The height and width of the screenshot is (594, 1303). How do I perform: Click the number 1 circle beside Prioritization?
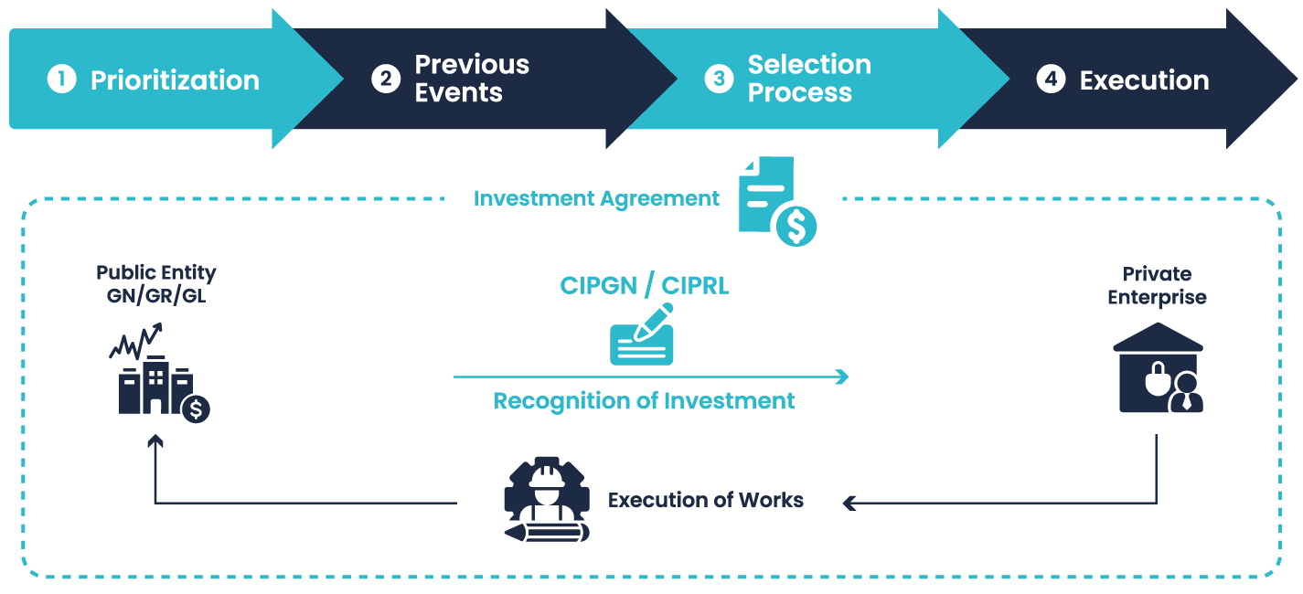click(x=61, y=80)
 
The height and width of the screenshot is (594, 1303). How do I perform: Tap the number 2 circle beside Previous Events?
click(x=386, y=80)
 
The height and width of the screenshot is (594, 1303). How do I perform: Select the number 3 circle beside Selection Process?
click(x=719, y=80)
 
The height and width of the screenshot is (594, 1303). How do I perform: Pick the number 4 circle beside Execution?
click(x=1051, y=80)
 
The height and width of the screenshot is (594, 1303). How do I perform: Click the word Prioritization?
click(x=175, y=80)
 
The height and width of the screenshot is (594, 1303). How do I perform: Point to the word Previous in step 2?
click(x=472, y=65)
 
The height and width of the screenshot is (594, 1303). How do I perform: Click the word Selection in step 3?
click(x=809, y=65)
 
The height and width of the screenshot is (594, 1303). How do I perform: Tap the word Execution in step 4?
click(x=1144, y=80)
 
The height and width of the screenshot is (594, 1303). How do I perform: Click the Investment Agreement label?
click(x=596, y=198)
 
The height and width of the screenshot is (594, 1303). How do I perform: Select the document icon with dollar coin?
click(x=777, y=201)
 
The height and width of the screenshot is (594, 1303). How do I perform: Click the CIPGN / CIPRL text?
click(x=645, y=285)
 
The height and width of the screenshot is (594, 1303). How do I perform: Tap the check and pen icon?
click(x=642, y=334)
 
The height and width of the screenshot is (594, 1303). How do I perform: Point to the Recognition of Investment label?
click(x=644, y=401)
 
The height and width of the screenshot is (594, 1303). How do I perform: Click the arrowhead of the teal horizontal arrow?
click(x=842, y=377)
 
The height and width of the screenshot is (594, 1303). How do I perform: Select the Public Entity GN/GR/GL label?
click(x=156, y=284)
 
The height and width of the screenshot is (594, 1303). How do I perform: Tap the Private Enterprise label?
click(x=1157, y=286)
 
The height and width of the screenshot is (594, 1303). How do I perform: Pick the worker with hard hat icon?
click(x=546, y=499)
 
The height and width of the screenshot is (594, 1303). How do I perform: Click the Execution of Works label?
click(x=706, y=501)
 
